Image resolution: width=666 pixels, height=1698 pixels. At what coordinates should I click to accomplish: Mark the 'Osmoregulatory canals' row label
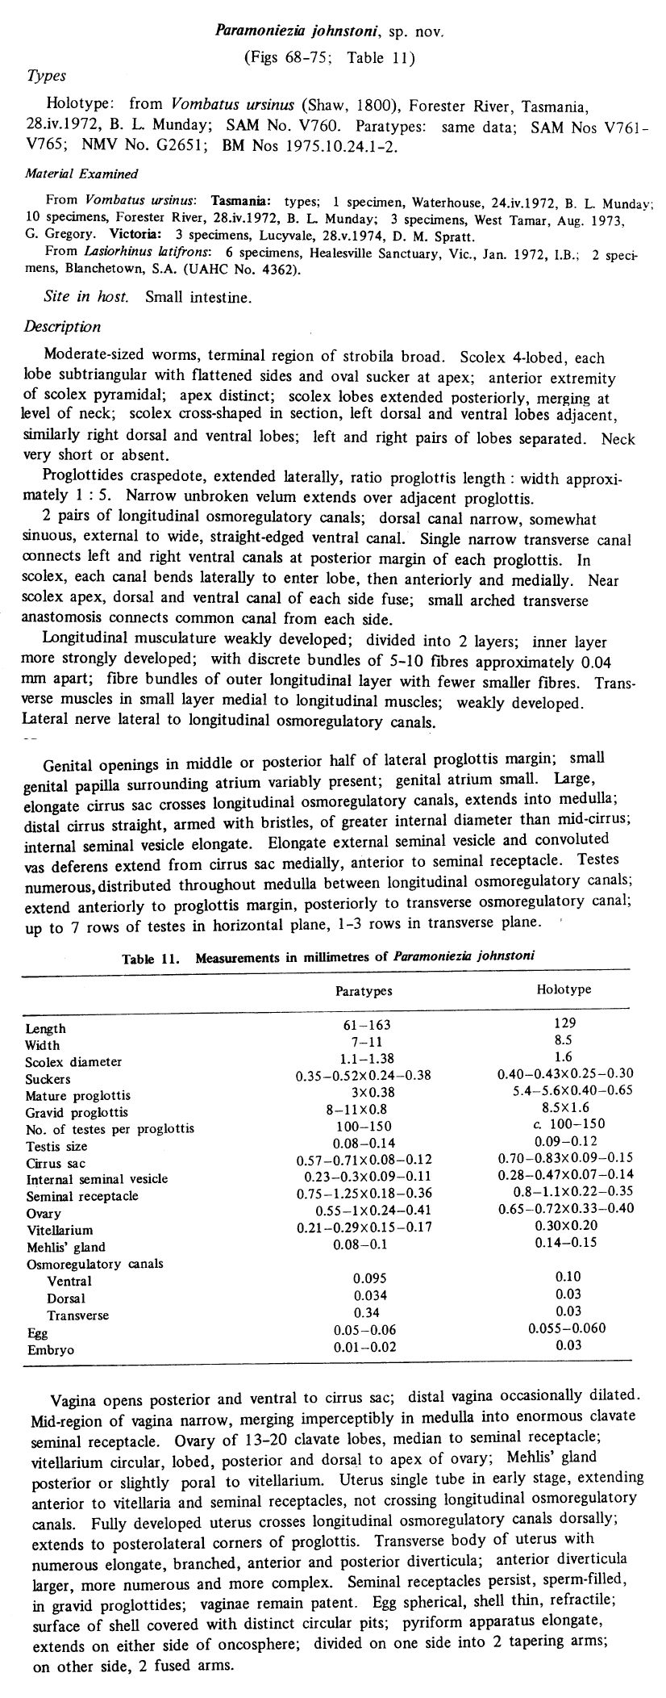click(x=94, y=1263)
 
